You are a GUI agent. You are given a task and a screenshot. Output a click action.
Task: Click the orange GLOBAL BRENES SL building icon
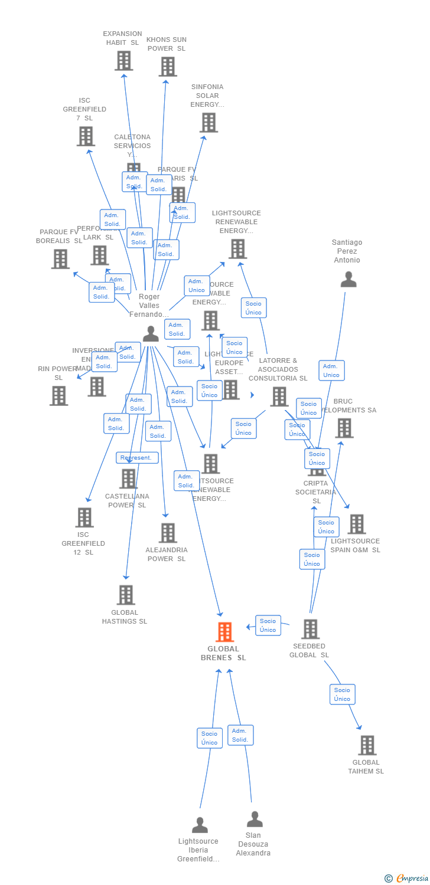click(224, 632)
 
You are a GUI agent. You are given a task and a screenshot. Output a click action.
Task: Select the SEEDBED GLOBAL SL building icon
click(310, 629)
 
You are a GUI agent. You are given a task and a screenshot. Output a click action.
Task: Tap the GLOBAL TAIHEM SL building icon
click(367, 745)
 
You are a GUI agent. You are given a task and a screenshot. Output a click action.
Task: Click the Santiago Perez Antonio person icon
click(348, 279)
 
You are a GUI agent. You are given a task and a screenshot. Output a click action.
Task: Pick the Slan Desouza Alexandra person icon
click(255, 819)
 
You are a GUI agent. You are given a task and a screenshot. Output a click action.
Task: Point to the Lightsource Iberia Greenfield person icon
click(200, 824)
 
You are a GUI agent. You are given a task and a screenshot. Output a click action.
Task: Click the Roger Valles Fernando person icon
click(151, 333)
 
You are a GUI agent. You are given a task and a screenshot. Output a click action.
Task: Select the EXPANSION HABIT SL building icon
click(123, 60)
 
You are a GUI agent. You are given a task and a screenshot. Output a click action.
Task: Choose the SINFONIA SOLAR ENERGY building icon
click(209, 123)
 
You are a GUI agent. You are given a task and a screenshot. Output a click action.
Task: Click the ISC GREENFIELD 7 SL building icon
click(86, 136)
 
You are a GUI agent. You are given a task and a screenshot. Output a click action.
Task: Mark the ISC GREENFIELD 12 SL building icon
click(84, 517)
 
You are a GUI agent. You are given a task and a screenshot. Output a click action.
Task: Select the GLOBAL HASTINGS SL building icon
click(126, 595)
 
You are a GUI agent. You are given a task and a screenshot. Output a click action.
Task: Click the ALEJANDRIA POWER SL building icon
click(168, 533)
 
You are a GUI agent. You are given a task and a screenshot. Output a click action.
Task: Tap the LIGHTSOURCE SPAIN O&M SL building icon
click(356, 524)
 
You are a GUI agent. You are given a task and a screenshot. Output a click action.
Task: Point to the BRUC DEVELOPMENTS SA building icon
click(344, 428)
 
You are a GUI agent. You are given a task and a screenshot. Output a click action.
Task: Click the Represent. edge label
click(136, 458)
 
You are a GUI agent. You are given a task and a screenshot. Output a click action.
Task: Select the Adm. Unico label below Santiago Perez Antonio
click(331, 371)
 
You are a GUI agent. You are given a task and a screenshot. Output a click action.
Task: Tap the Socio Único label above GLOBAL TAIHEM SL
click(342, 694)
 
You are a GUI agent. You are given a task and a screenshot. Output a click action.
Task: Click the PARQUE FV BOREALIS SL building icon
click(60, 258)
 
